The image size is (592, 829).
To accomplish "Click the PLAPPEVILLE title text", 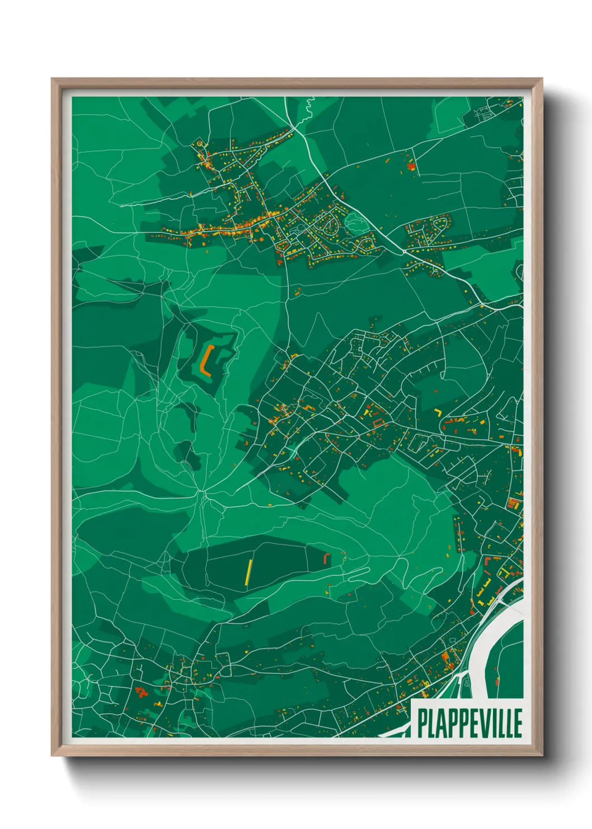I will (x=469, y=723).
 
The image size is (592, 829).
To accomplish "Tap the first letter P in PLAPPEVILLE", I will (x=421, y=723).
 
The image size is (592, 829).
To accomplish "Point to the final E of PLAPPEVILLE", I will (x=518, y=723).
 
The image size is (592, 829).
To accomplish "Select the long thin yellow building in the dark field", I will (x=248, y=572).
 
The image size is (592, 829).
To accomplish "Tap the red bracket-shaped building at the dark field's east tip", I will (x=327, y=558).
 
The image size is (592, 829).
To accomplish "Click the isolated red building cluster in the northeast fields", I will (x=411, y=165).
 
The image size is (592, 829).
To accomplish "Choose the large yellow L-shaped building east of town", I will (x=438, y=412).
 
